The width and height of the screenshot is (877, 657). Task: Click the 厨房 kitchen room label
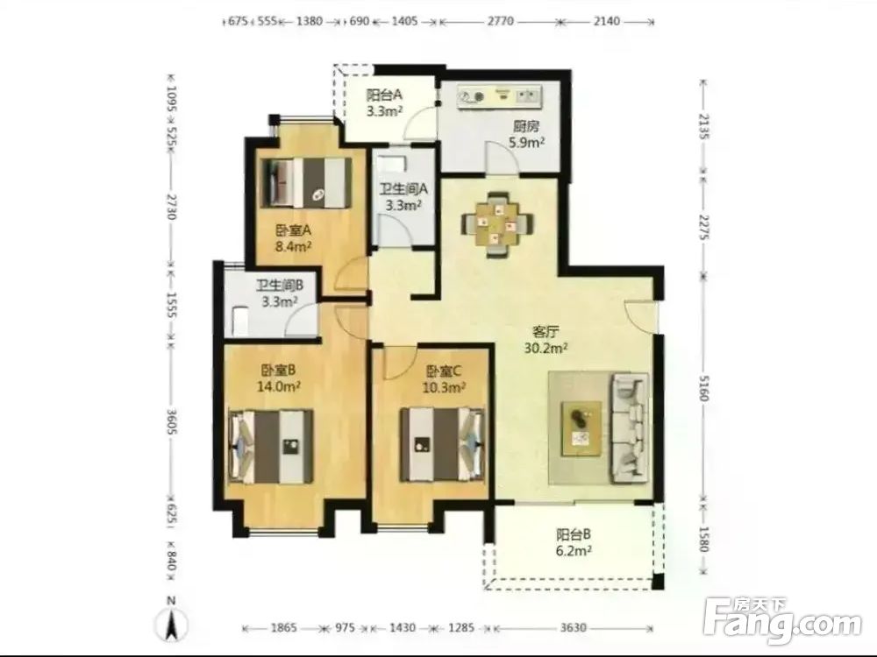(x=527, y=127)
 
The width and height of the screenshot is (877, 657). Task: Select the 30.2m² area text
(x=545, y=349)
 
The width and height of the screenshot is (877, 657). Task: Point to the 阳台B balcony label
(x=574, y=534)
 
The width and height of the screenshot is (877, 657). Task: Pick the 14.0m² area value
(x=279, y=386)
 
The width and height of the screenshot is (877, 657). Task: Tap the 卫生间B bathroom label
(x=280, y=286)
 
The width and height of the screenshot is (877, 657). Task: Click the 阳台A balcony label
(x=384, y=95)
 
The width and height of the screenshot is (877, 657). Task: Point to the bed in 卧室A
(x=306, y=182)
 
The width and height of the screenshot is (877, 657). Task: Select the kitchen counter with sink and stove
(x=500, y=96)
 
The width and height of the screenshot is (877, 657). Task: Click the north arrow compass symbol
(x=173, y=620)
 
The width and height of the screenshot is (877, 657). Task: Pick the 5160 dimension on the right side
(x=704, y=386)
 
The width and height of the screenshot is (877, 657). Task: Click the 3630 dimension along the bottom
(x=574, y=628)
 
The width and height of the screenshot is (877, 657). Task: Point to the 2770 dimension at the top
(x=500, y=21)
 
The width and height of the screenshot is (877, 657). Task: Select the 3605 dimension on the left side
(x=172, y=416)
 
